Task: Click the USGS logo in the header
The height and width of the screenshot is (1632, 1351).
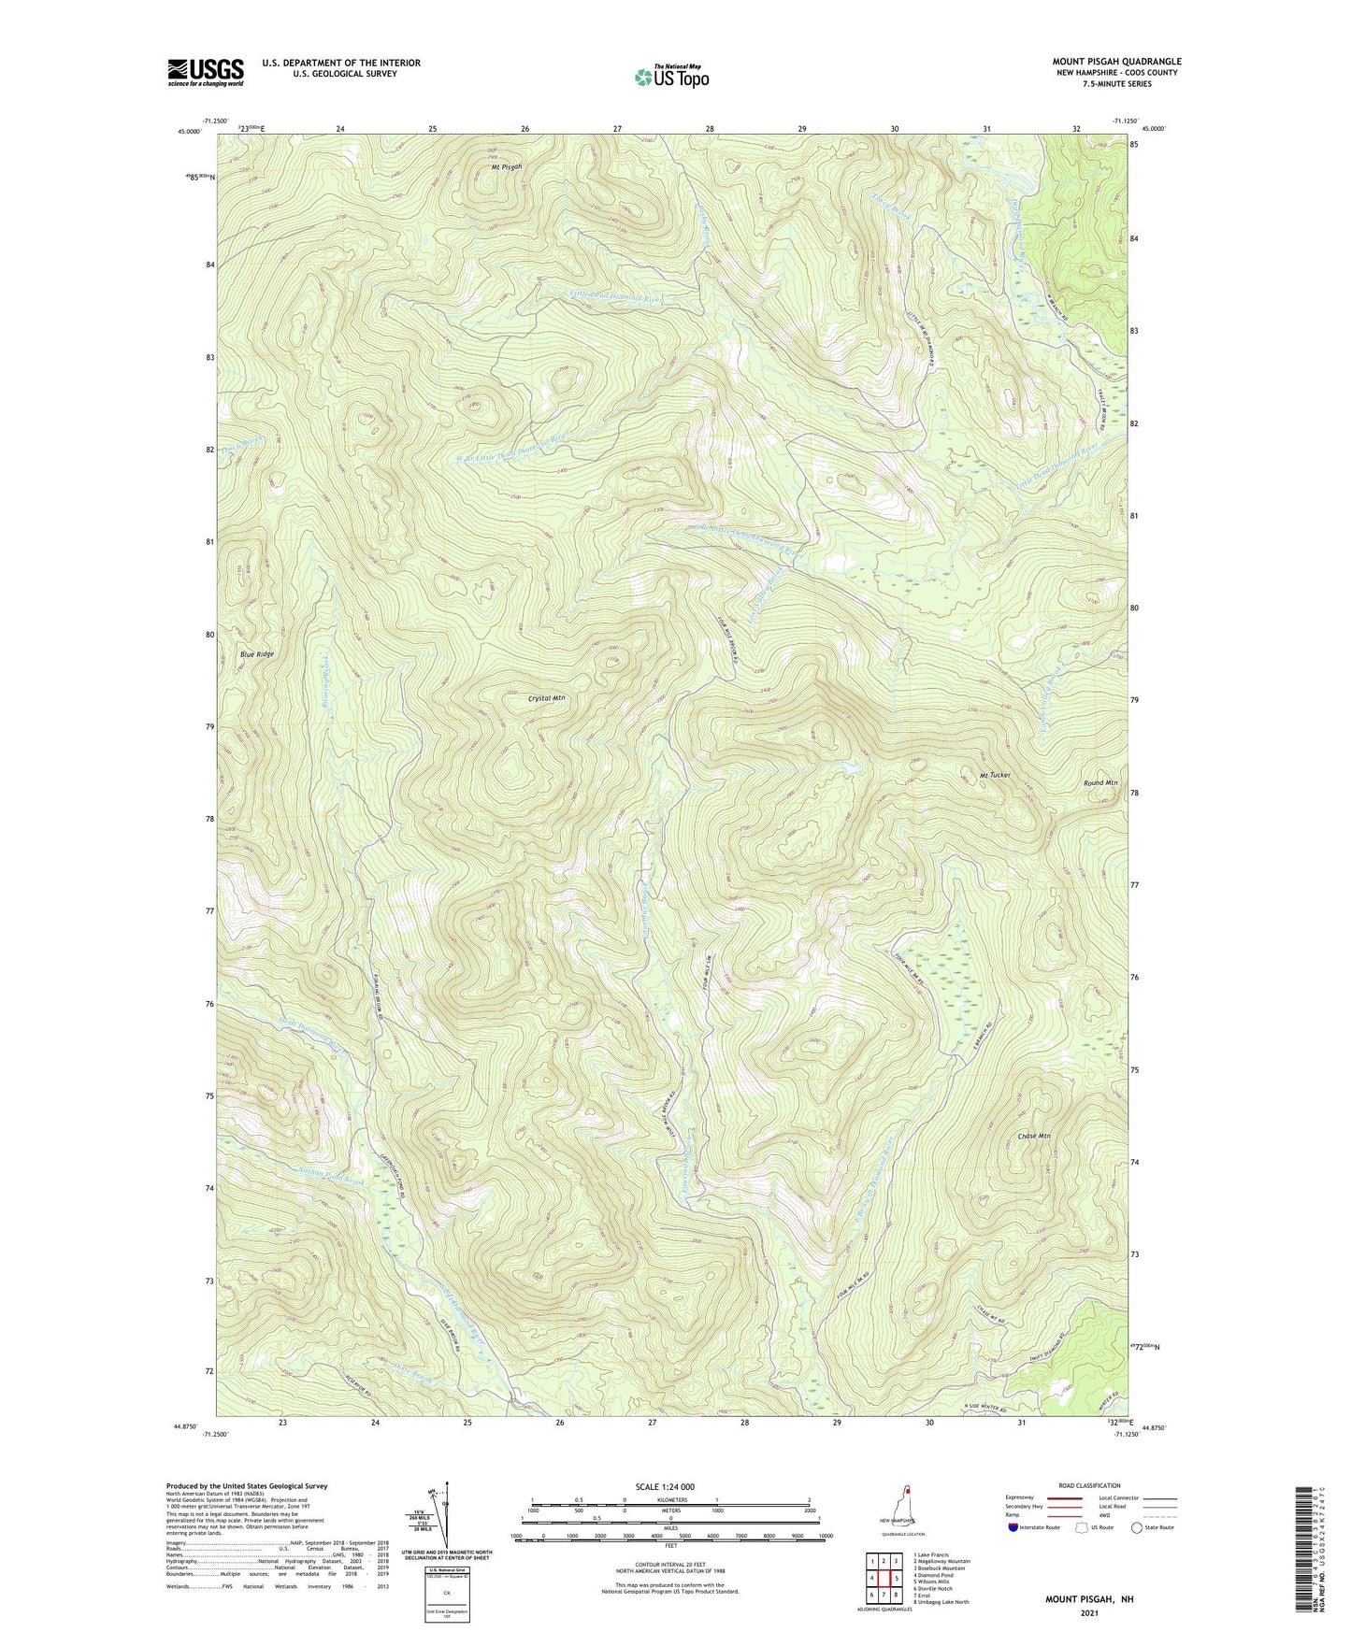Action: click(x=206, y=72)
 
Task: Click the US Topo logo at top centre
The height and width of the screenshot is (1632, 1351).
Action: click(x=671, y=77)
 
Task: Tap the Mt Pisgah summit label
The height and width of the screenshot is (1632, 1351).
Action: click(x=507, y=166)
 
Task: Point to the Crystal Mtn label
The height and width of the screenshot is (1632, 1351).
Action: click(x=546, y=697)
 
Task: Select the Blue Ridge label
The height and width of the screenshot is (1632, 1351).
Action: click(x=257, y=654)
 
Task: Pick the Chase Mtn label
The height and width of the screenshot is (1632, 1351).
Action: click(x=1034, y=1136)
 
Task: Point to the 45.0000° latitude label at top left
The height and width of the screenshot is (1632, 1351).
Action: click(x=188, y=132)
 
